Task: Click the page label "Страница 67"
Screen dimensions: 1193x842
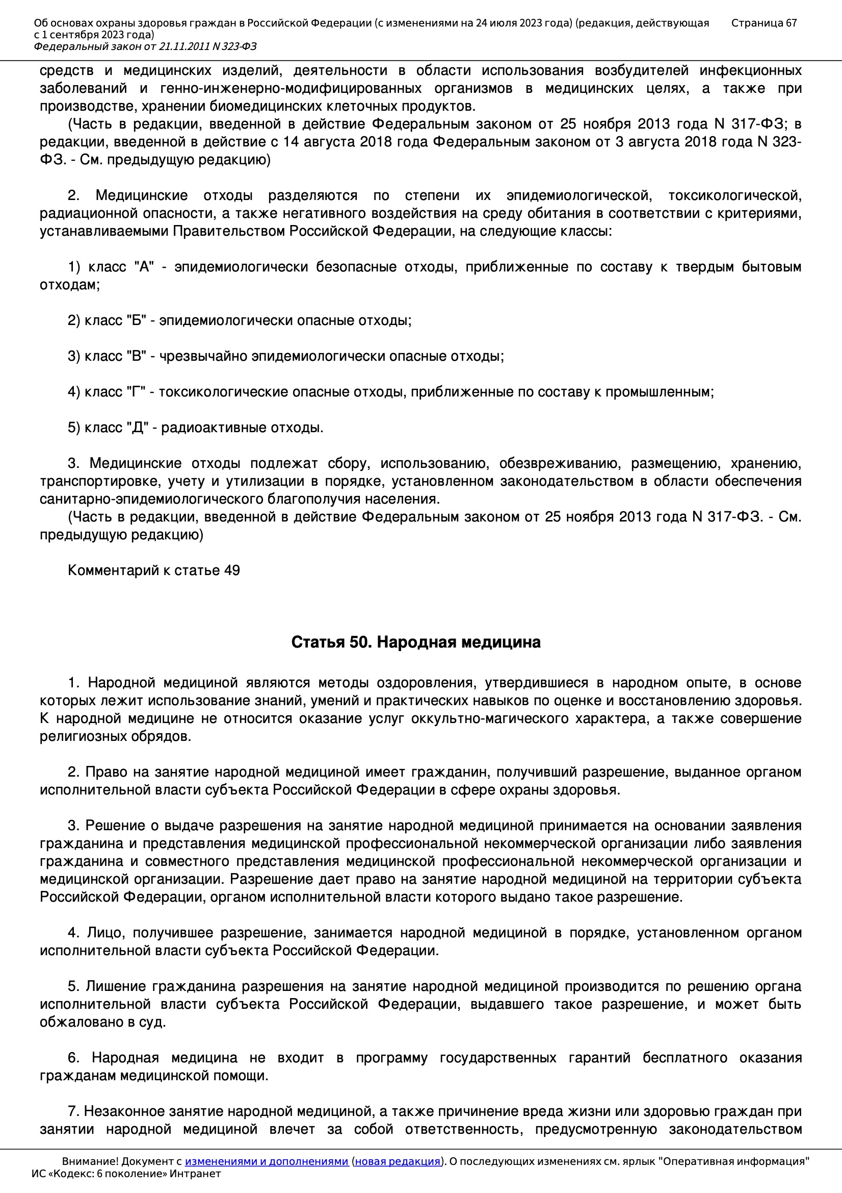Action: click(764, 23)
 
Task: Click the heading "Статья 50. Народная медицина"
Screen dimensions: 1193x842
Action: click(416, 642)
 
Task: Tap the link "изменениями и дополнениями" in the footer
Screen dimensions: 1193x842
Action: click(266, 1161)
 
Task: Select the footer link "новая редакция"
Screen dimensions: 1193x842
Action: click(397, 1161)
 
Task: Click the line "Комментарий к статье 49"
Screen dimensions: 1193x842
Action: click(153, 570)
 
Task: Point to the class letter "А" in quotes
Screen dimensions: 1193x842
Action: click(144, 267)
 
